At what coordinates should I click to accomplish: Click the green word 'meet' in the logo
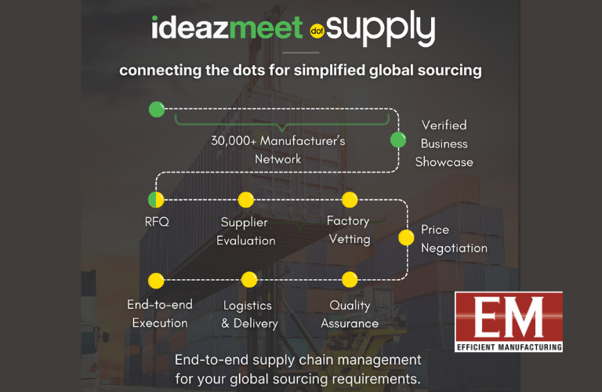coord(267,27)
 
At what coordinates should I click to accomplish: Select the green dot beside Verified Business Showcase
coord(398,140)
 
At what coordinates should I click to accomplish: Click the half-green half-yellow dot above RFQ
coord(156,200)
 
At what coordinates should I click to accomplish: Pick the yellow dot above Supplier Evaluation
coord(245,200)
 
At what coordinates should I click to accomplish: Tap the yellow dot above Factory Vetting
coord(350,200)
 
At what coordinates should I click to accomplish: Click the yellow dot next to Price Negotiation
coord(406,237)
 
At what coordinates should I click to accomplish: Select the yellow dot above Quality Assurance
coord(350,280)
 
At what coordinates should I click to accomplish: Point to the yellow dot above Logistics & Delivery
coord(248,280)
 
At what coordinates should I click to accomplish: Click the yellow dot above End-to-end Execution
coord(156,280)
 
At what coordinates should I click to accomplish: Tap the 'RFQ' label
coord(157,222)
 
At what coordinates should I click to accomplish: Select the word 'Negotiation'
coord(454,249)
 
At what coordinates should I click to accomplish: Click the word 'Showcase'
coord(444,162)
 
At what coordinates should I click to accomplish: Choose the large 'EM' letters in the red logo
coord(508,317)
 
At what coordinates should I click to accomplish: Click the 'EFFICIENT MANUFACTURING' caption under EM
coord(508,346)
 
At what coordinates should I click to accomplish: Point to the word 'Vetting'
coord(349,239)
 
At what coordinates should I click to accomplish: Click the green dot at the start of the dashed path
coord(157,110)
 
